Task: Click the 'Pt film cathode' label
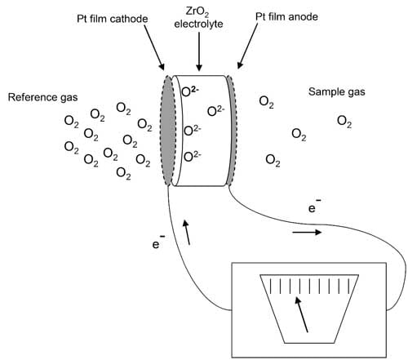pyautogui.click(x=113, y=19)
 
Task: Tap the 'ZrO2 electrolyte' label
pyautogui.click(x=198, y=18)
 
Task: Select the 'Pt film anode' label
pyautogui.click(x=286, y=17)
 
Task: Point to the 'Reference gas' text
pyautogui.click(x=42, y=97)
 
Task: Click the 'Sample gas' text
pyautogui.click(x=337, y=91)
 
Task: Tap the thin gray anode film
pyautogui.click(x=232, y=131)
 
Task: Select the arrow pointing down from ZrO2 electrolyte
pyautogui.click(x=199, y=52)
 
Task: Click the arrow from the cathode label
pyautogui.click(x=154, y=47)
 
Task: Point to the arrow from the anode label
pyautogui.click(x=247, y=46)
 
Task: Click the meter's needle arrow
pyautogui.click(x=301, y=314)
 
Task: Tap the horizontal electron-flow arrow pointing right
pyautogui.click(x=307, y=232)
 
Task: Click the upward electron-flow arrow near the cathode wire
pyautogui.click(x=186, y=232)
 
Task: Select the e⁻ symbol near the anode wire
pyautogui.click(x=314, y=207)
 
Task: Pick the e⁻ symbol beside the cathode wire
pyautogui.click(x=159, y=242)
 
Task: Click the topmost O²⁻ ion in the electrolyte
pyautogui.click(x=190, y=91)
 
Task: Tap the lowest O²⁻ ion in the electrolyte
pyautogui.click(x=193, y=157)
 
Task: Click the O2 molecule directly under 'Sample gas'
pyautogui.click(x=344, y=122)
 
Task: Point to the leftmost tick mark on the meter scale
pyautogui.click(x=270, y=286)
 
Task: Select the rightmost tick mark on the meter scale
pyautogui.click(x=349, y=286)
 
